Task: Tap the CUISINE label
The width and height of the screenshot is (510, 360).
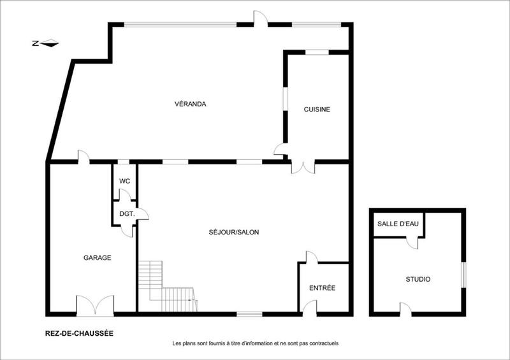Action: tap(317, 110)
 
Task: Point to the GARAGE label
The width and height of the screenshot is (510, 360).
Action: tap(98, 258)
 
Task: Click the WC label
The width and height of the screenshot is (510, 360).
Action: tap(124, 182)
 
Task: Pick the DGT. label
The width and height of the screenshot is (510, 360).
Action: tap(126, 214)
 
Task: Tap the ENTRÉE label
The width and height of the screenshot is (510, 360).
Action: tap(322, 288)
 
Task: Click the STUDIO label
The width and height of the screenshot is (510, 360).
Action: tap(418, 279)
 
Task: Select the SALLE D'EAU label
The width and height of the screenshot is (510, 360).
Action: tap(396, 224)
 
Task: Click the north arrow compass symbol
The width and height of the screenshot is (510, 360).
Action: tap(46, 43)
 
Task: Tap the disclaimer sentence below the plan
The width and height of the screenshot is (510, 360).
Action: tap(255, 343)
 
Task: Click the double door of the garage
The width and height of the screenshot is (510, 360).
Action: tap(95, 305)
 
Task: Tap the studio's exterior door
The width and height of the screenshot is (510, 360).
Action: tap(405, 308)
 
